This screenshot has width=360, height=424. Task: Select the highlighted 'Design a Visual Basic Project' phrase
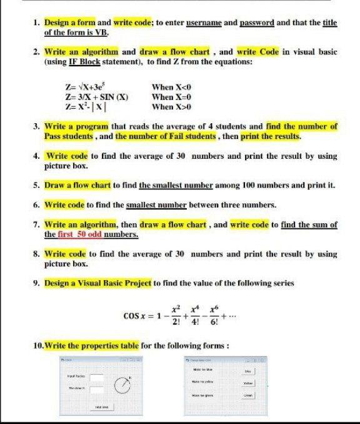(x=98, y=283)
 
